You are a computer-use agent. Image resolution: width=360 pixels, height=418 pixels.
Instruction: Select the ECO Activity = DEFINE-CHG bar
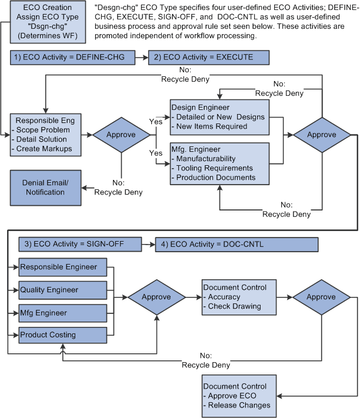(72, 58)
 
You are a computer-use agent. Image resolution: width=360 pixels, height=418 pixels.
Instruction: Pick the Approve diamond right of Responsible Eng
(120, 135)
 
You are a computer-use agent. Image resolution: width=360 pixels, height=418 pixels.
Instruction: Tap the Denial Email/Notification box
(45, 188)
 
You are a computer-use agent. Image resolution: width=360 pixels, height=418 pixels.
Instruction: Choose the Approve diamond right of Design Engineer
(321, 134)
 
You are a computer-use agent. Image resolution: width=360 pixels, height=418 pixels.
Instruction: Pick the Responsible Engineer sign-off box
(62, 267)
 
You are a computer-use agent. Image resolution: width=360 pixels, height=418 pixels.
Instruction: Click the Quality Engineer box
(62, 290)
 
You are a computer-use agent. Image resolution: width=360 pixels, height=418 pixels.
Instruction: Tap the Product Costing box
(62, 335)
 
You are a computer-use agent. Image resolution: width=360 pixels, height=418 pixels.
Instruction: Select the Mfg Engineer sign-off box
(62, 312)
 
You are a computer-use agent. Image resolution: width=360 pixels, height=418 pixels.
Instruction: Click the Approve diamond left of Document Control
(156, 297)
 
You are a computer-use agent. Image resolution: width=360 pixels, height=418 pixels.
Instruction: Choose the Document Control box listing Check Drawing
(239, 297)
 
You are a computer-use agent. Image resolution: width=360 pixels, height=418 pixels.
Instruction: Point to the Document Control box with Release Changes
(239, 395)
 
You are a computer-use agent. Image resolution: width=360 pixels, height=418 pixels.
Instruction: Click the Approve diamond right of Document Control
(321, 297)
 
